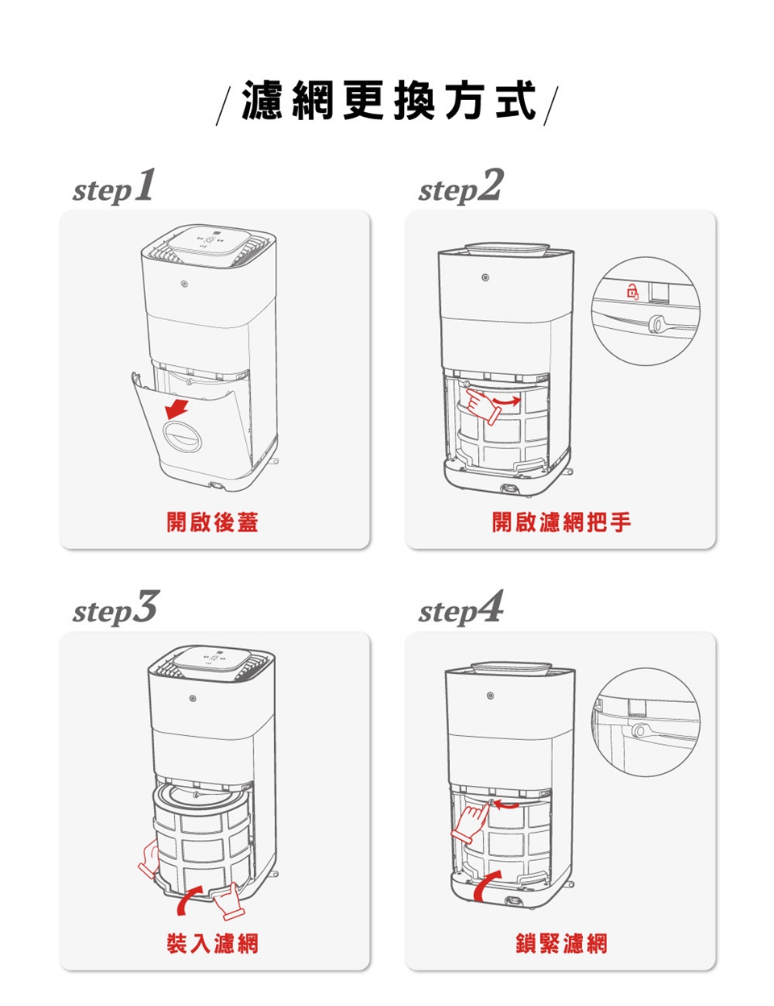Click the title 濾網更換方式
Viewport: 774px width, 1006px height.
389,100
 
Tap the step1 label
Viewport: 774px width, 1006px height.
113,186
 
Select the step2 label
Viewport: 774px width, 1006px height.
460,186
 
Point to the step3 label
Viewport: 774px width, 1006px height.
114,608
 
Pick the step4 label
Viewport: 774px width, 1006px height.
460,608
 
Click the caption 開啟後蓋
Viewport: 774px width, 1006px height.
213,522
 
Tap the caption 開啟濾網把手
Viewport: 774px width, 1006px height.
561,522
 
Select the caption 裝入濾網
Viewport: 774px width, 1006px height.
213,943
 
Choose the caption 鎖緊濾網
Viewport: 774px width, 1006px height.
561,943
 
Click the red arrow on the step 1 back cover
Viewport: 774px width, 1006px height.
177,409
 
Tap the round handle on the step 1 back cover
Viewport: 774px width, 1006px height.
182,436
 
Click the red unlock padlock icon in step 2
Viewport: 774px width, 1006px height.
632,291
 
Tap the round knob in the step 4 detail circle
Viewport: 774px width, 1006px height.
639,730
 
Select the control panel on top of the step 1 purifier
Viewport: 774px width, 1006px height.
210,244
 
